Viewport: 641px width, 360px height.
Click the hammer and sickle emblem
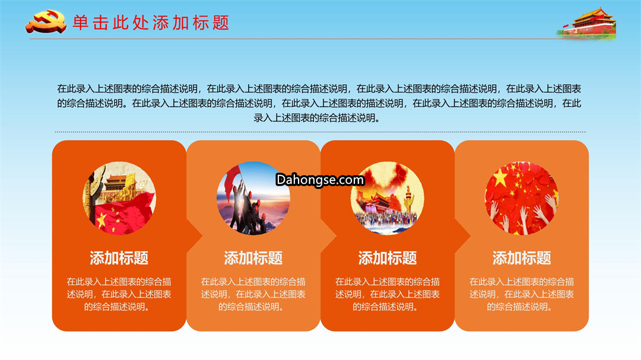tap(46, 22)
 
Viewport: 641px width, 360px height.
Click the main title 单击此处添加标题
tap(151, 23)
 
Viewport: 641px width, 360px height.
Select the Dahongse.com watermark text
tap(320, 180)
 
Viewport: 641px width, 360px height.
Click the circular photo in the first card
tap(119, 198)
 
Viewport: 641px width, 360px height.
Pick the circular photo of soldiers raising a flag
tap(253, 198)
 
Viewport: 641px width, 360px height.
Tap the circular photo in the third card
tap(387, 198)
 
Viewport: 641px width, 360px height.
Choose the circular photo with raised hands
tap(522, 198)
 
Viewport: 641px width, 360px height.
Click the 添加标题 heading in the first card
tap(119, 258)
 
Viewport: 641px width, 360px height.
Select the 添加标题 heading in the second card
tap(253, 258)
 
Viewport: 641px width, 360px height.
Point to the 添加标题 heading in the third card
tap(387, 258)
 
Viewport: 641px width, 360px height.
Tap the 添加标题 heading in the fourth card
tap(522, 258)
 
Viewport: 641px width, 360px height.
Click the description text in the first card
tap(119, 294)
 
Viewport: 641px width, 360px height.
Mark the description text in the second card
tap(253, 294)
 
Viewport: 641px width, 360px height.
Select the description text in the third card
tap(387, 294)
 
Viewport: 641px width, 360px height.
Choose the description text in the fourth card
tap(522, 294)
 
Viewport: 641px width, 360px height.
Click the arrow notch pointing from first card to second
tap(195, 236)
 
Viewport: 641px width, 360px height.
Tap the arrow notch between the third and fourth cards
tap(463, 236)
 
